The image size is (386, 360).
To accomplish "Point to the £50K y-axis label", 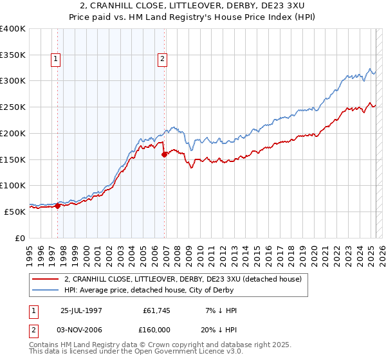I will tap(15, 212).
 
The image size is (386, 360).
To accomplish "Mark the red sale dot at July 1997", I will tap(58, 206).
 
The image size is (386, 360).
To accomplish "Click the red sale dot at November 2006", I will tap(164, 154).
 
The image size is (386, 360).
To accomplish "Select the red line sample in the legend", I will tap(45, 279).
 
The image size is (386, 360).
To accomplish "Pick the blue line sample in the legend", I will tap(45, 290).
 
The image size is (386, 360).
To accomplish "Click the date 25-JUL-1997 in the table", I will tap(82, 310).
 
